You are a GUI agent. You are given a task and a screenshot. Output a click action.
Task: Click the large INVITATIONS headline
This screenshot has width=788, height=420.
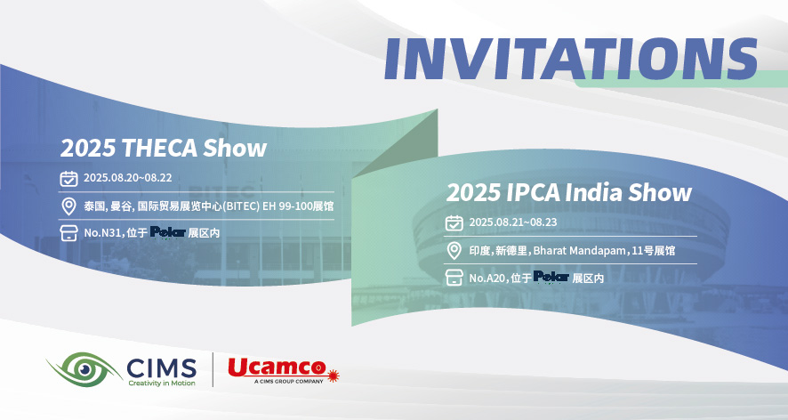pos(571,59)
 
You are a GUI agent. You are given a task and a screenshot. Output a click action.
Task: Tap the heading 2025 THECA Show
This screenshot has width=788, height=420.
pos(164,148)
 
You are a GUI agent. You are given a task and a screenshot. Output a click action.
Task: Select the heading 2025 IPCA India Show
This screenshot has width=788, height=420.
pos(569,192)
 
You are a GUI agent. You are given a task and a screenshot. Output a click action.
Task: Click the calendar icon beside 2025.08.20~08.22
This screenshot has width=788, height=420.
pos(68,178)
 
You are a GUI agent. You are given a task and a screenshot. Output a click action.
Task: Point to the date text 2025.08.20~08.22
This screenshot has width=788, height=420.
pos(128,178)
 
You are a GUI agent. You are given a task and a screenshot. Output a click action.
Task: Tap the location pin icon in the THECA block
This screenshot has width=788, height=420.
pos(68,206)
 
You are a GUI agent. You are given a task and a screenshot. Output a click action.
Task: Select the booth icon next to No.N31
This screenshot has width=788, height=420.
pos(68,233)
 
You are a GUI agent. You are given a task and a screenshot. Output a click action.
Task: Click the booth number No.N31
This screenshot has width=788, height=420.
pos(102,233)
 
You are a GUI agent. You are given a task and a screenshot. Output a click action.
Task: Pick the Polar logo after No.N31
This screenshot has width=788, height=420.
pos(168,232)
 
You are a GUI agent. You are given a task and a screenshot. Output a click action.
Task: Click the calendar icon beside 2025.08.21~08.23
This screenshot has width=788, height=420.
pos(454,222)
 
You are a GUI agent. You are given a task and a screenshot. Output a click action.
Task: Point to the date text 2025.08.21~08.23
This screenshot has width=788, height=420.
pos(513,222)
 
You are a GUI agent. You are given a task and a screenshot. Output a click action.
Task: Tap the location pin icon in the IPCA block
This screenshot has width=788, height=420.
pos(454,251)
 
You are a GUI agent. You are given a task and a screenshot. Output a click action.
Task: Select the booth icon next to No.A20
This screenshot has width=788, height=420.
pos(454,277)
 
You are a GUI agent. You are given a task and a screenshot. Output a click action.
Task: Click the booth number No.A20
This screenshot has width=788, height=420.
pos(487,278)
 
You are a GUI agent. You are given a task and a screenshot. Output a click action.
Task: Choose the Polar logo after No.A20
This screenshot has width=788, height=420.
pos(551,277)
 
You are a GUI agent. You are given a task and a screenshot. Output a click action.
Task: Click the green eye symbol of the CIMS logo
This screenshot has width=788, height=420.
pos(84,369)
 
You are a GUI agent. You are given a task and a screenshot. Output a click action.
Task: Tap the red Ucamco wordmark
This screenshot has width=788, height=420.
pos(277,367)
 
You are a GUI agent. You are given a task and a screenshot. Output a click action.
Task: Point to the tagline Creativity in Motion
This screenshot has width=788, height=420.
pos(162,384)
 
